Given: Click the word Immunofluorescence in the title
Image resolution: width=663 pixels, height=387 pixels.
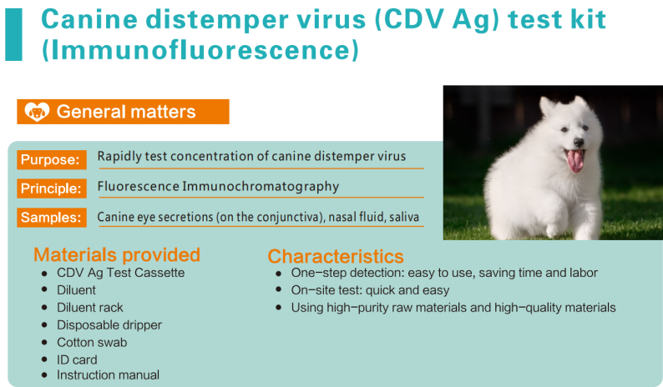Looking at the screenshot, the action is point(200,50).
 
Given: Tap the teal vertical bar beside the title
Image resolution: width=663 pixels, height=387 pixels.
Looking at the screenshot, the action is point(13,35).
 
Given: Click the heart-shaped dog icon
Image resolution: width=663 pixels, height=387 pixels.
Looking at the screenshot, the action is point(37,112).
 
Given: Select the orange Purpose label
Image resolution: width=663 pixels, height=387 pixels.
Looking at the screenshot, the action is point(52,159).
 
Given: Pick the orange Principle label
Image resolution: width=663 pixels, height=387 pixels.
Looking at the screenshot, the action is point(52,188).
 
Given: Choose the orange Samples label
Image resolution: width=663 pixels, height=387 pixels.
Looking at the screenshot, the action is point(52,217).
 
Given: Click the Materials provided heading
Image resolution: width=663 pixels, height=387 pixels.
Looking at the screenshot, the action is point(117,254).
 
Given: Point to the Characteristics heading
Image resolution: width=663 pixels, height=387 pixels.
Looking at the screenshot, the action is point(336,256).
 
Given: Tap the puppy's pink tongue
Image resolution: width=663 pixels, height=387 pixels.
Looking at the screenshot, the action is point(575,160).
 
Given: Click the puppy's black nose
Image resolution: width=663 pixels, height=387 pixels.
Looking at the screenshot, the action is point(579,143).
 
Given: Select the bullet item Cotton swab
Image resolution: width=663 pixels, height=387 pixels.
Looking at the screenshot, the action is point(92,342).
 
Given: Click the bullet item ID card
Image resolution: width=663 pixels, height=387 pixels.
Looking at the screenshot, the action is point(77,359).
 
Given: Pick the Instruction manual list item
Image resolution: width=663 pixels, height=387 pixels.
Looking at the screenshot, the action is point(109,374).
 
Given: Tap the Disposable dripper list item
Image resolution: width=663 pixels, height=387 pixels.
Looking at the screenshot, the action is point(109,325).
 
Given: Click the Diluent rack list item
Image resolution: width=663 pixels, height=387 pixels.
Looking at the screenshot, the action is point(90,307).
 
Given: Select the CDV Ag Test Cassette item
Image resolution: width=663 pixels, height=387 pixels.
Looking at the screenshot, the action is point(121,273).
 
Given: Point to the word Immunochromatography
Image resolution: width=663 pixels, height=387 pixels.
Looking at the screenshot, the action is point(261,187).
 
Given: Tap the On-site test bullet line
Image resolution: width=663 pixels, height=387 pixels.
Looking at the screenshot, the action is point(370,290).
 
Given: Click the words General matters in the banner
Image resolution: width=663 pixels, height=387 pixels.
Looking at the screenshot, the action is point(126,112).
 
